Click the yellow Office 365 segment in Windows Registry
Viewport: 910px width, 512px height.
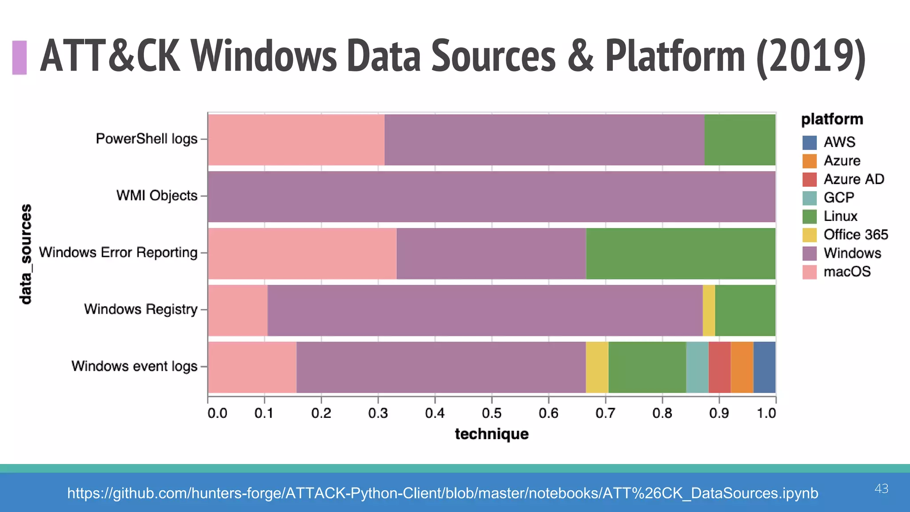[x=709, y=310]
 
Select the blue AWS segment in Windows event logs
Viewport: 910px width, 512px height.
[x=764, y=367]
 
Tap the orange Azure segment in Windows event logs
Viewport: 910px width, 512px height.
[x=742, y=367]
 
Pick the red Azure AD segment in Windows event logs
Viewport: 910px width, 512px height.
[x=719, y=367]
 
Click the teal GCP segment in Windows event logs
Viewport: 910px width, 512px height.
[x=697, y=367]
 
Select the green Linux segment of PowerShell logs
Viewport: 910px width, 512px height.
[x=740, y=140]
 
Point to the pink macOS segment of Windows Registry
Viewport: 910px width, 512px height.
[x=238, y=310]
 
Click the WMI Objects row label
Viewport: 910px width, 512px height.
[x=156, y=196]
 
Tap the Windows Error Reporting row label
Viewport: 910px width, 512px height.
[x=118, y=252]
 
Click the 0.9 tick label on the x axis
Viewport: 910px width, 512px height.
[x=718, y=413]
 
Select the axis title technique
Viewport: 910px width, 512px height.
[x=491, y=434]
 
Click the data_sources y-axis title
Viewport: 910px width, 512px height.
[x=26, y=254]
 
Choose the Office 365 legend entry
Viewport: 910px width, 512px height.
[x=855, y=235]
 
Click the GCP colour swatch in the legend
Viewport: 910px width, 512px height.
[x=809, y=198]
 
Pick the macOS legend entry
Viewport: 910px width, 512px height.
[x=846, y=272]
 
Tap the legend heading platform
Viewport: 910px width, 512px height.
[x=832, y=119]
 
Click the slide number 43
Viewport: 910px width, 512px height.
[x=881, y=488]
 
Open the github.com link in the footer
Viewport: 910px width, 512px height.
[x=443, y=493]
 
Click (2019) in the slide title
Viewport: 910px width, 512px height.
[x=810, y=56]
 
